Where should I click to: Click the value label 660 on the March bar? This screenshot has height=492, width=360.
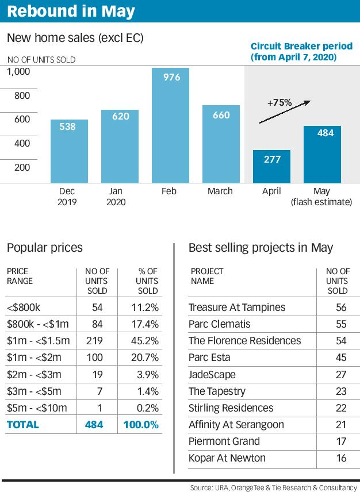(x=221, y=115)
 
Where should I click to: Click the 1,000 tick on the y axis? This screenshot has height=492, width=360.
(x=18, y=71)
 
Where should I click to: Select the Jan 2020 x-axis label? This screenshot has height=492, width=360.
(x=116, y=197)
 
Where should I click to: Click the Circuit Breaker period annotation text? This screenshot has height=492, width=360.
(x=293, y=52)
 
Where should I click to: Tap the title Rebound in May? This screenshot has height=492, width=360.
(x=71, y=11)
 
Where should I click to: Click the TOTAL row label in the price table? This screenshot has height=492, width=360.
(x=23, y=425)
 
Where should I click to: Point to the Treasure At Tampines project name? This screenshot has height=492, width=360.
(x=237, y=307)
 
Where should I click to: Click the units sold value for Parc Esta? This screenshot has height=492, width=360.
(x=340, y=358)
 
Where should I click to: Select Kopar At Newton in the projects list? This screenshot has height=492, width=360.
(x=227, y=458)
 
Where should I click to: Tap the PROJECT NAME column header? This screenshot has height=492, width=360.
(x=207, y=276)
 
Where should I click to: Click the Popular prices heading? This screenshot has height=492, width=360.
(x=45, y=248)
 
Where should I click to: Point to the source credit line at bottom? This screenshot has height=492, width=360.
(x=273, y=487)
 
